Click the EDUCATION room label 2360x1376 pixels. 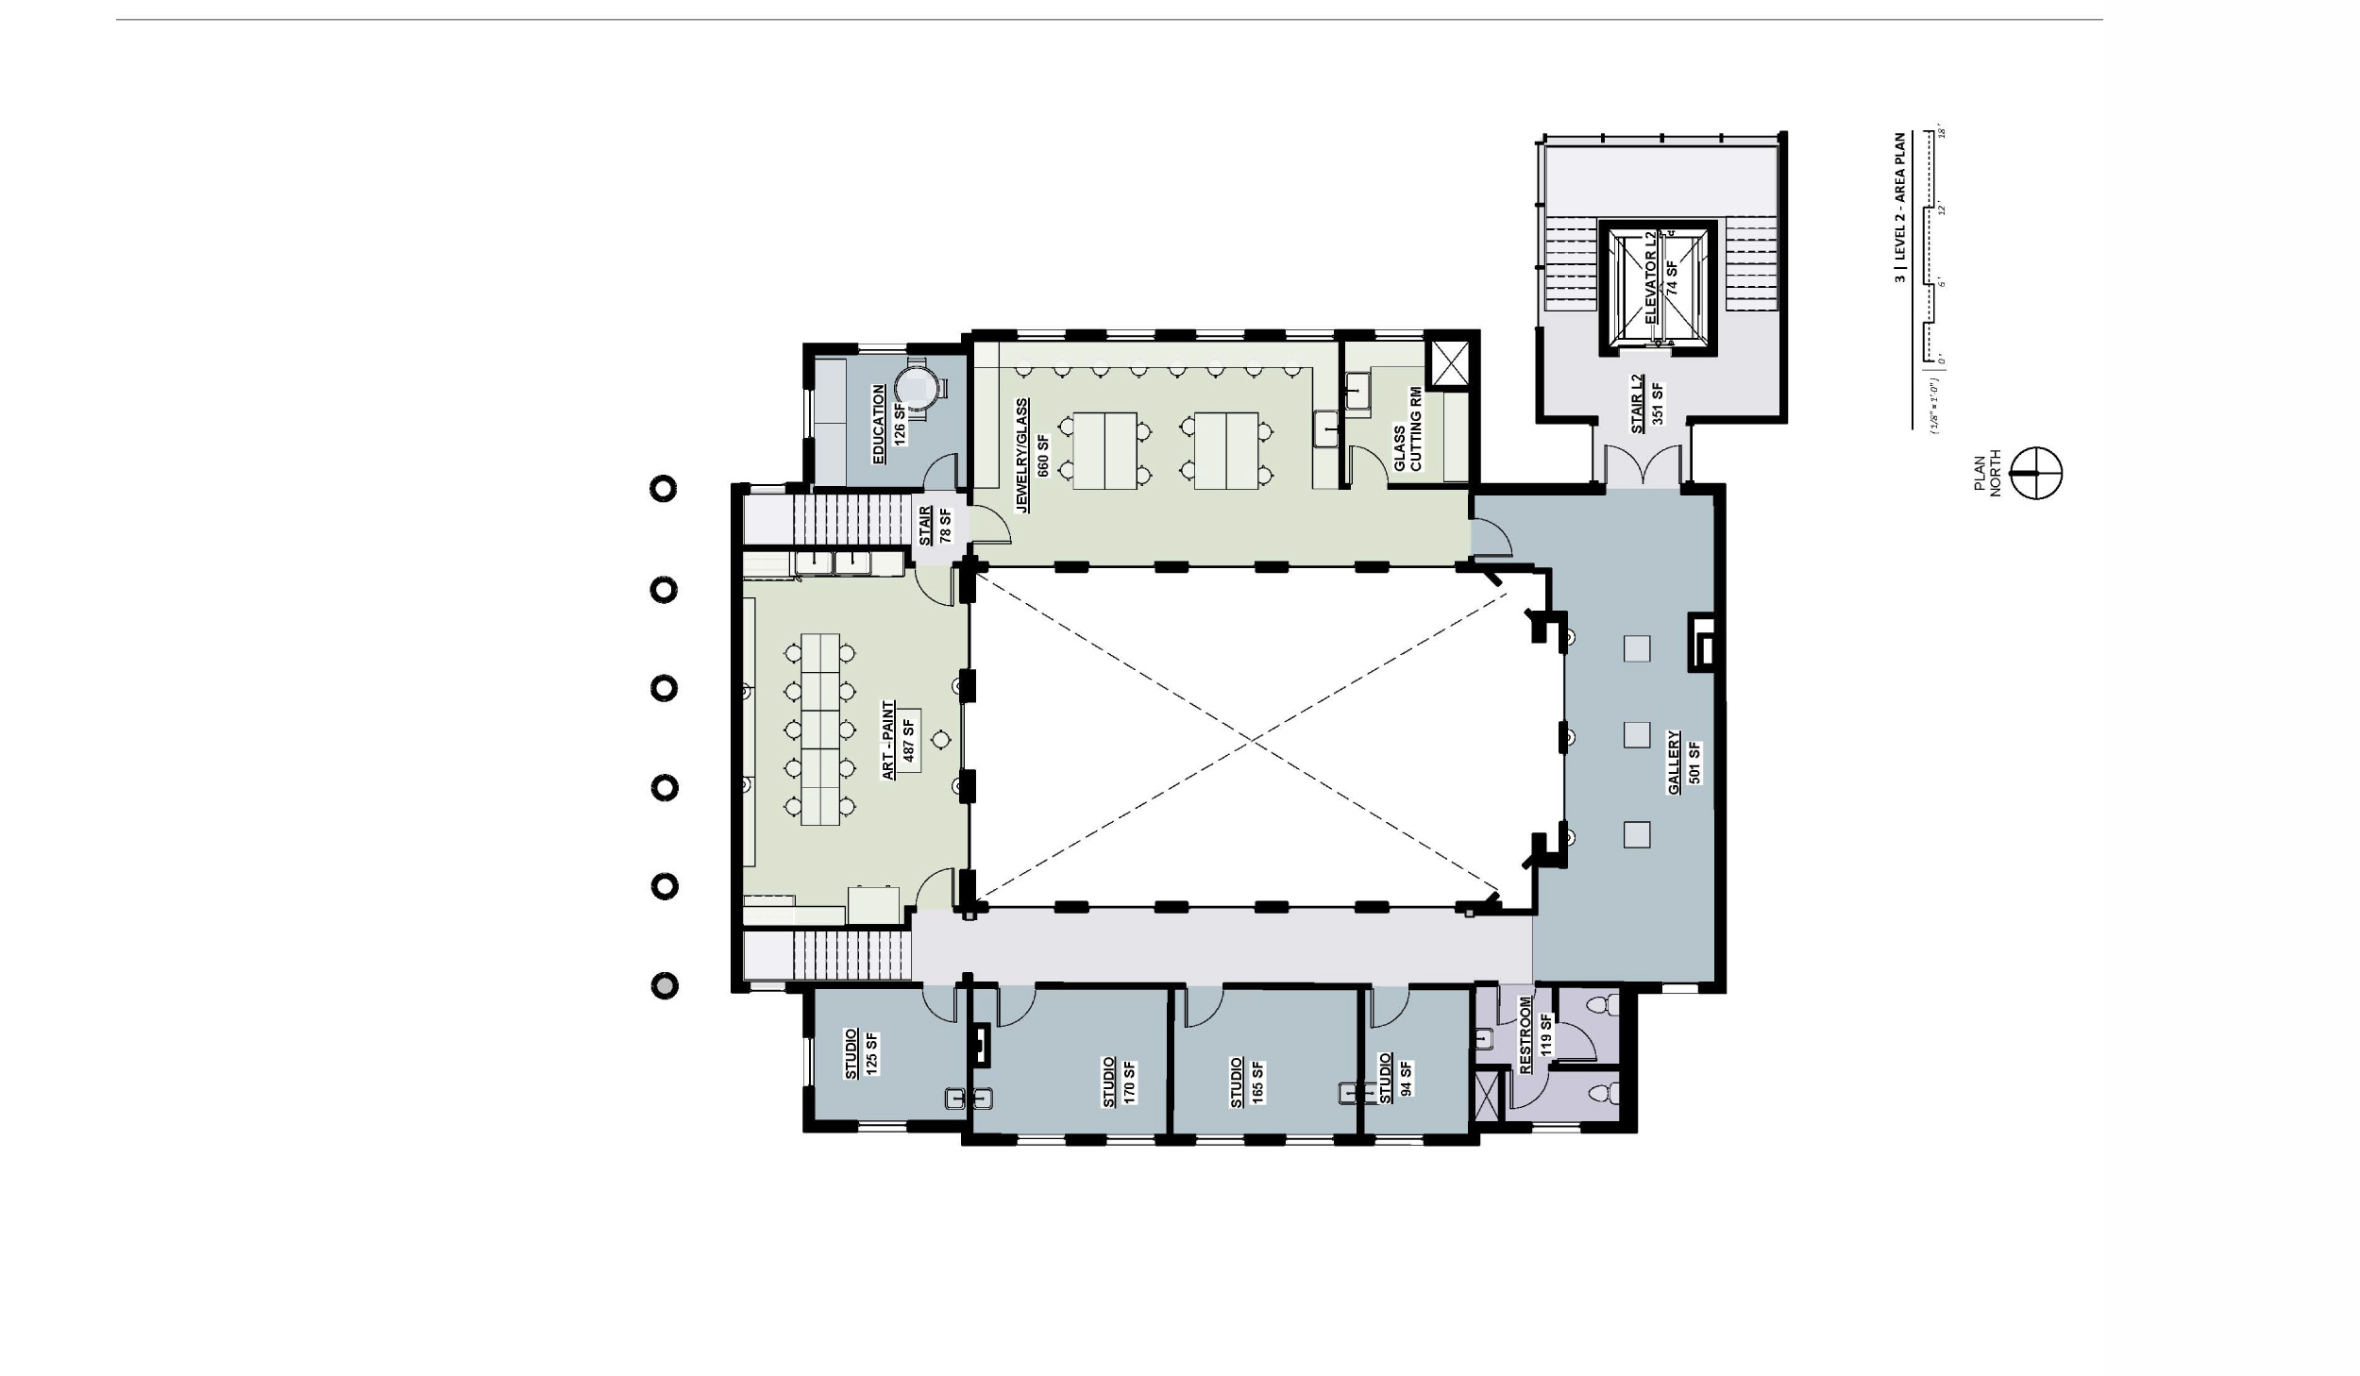(879, 424)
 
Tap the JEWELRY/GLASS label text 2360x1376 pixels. (1021, 455)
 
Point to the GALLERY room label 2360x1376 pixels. (1674, 764)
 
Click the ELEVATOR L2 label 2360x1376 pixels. (1651, 278)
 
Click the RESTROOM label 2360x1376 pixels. (1526, 1035)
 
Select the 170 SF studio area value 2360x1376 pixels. (1129, 1082)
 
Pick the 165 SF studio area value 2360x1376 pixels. (1257, 1082)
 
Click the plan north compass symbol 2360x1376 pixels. (2036, 474)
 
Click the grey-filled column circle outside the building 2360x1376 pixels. (665, 985)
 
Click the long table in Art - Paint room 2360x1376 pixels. (819, 730)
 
